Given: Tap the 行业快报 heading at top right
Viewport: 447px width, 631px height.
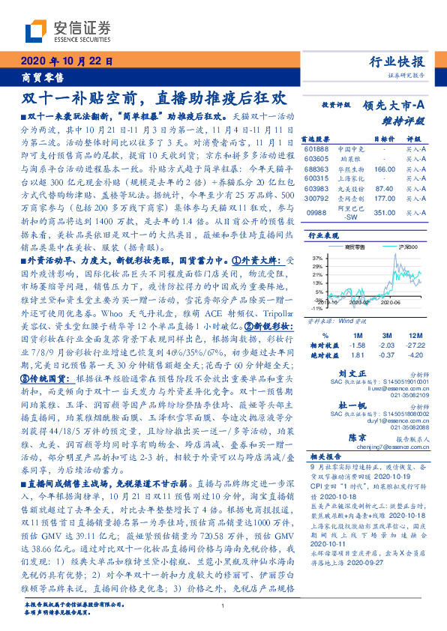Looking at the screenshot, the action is tap(398, 62).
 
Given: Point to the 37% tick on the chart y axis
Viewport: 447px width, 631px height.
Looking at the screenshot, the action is tap(318, 257).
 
